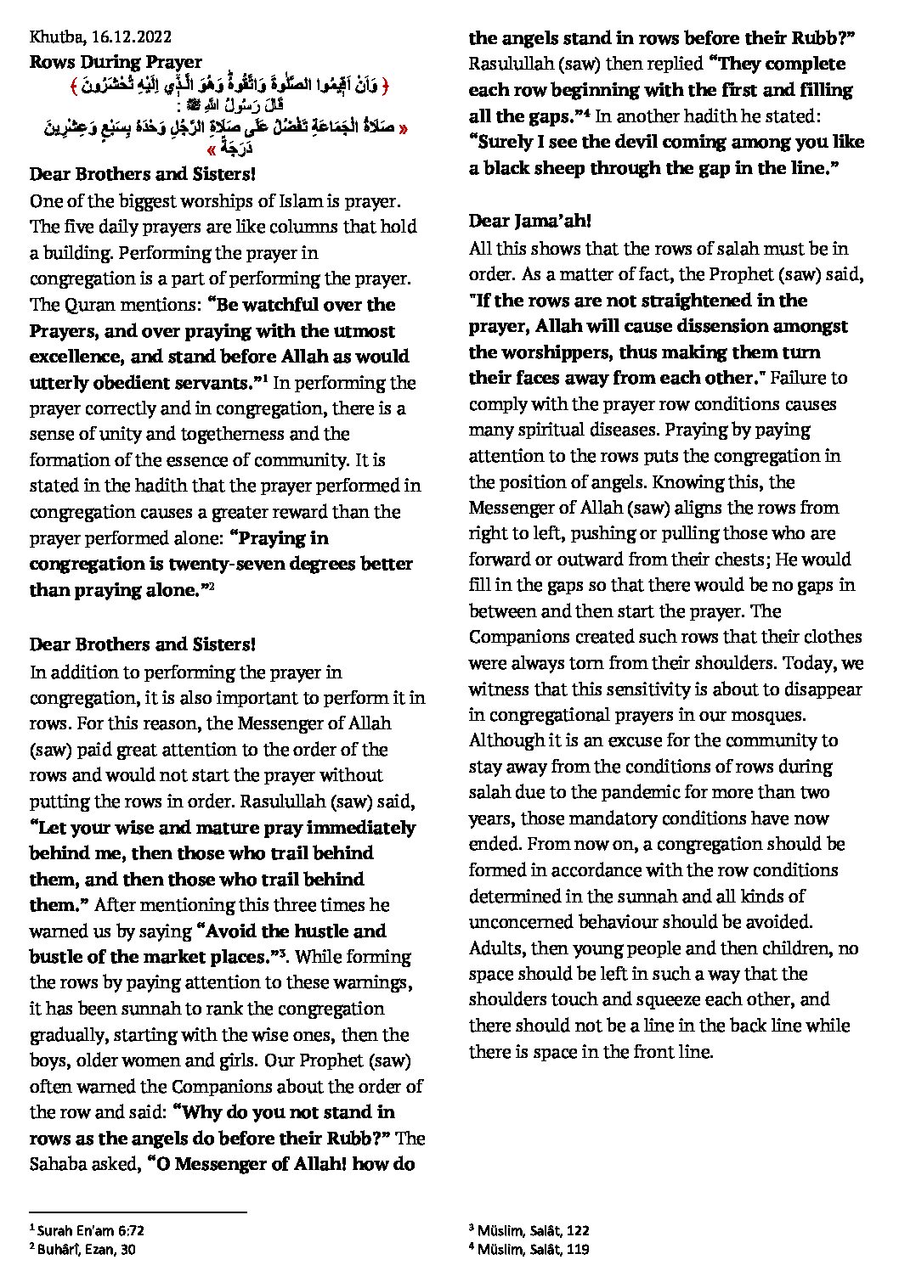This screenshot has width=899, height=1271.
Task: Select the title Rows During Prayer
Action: point(116,62)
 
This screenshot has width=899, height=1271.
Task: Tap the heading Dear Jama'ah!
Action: point(529,222)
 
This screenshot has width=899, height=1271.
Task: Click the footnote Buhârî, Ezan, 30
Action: point(86,1249)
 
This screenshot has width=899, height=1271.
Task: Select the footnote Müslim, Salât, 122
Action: point(533,1230)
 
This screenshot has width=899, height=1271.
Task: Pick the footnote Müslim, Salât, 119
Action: point(533,1249)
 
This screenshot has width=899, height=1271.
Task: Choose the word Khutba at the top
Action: point(52,37)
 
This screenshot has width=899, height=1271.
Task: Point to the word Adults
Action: point(495,948)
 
